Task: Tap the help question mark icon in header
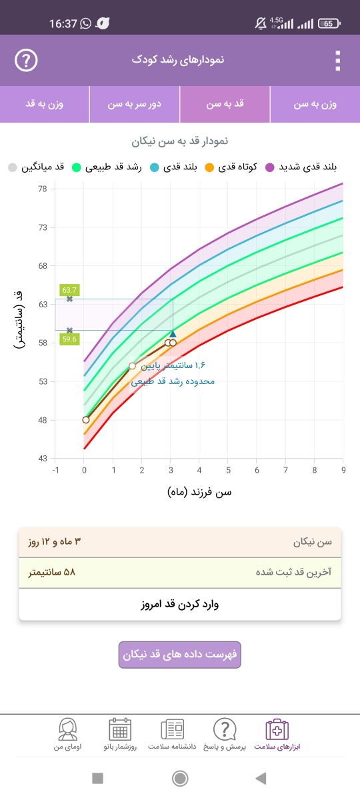(x=26, y=60)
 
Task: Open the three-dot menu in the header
(x=338, y=61)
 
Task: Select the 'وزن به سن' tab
(x=315, y=104)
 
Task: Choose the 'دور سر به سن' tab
(x=134, y=104)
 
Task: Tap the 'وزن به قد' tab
(x=44, y=104)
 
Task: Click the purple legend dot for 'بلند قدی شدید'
(x=269, y=167)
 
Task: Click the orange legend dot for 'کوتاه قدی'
(x=209, y=167)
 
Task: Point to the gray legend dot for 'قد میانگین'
(x=13, y=167)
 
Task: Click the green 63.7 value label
(x=69, y=290)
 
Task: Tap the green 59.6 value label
(x=69, y=339)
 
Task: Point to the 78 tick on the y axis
(x=43, y=189)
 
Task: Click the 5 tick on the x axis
(x=228, y=470)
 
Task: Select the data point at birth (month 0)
(x=86, y=419)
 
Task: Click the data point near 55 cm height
(x=132, y=366)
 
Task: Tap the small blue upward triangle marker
(x=173, y=334)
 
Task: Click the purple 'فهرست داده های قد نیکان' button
(x=179, y=655)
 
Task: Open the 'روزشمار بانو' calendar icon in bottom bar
(x=120, y=729)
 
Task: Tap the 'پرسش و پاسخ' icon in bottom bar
(x=225, y=729)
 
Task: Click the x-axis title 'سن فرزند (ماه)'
(x=199, y=493)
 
